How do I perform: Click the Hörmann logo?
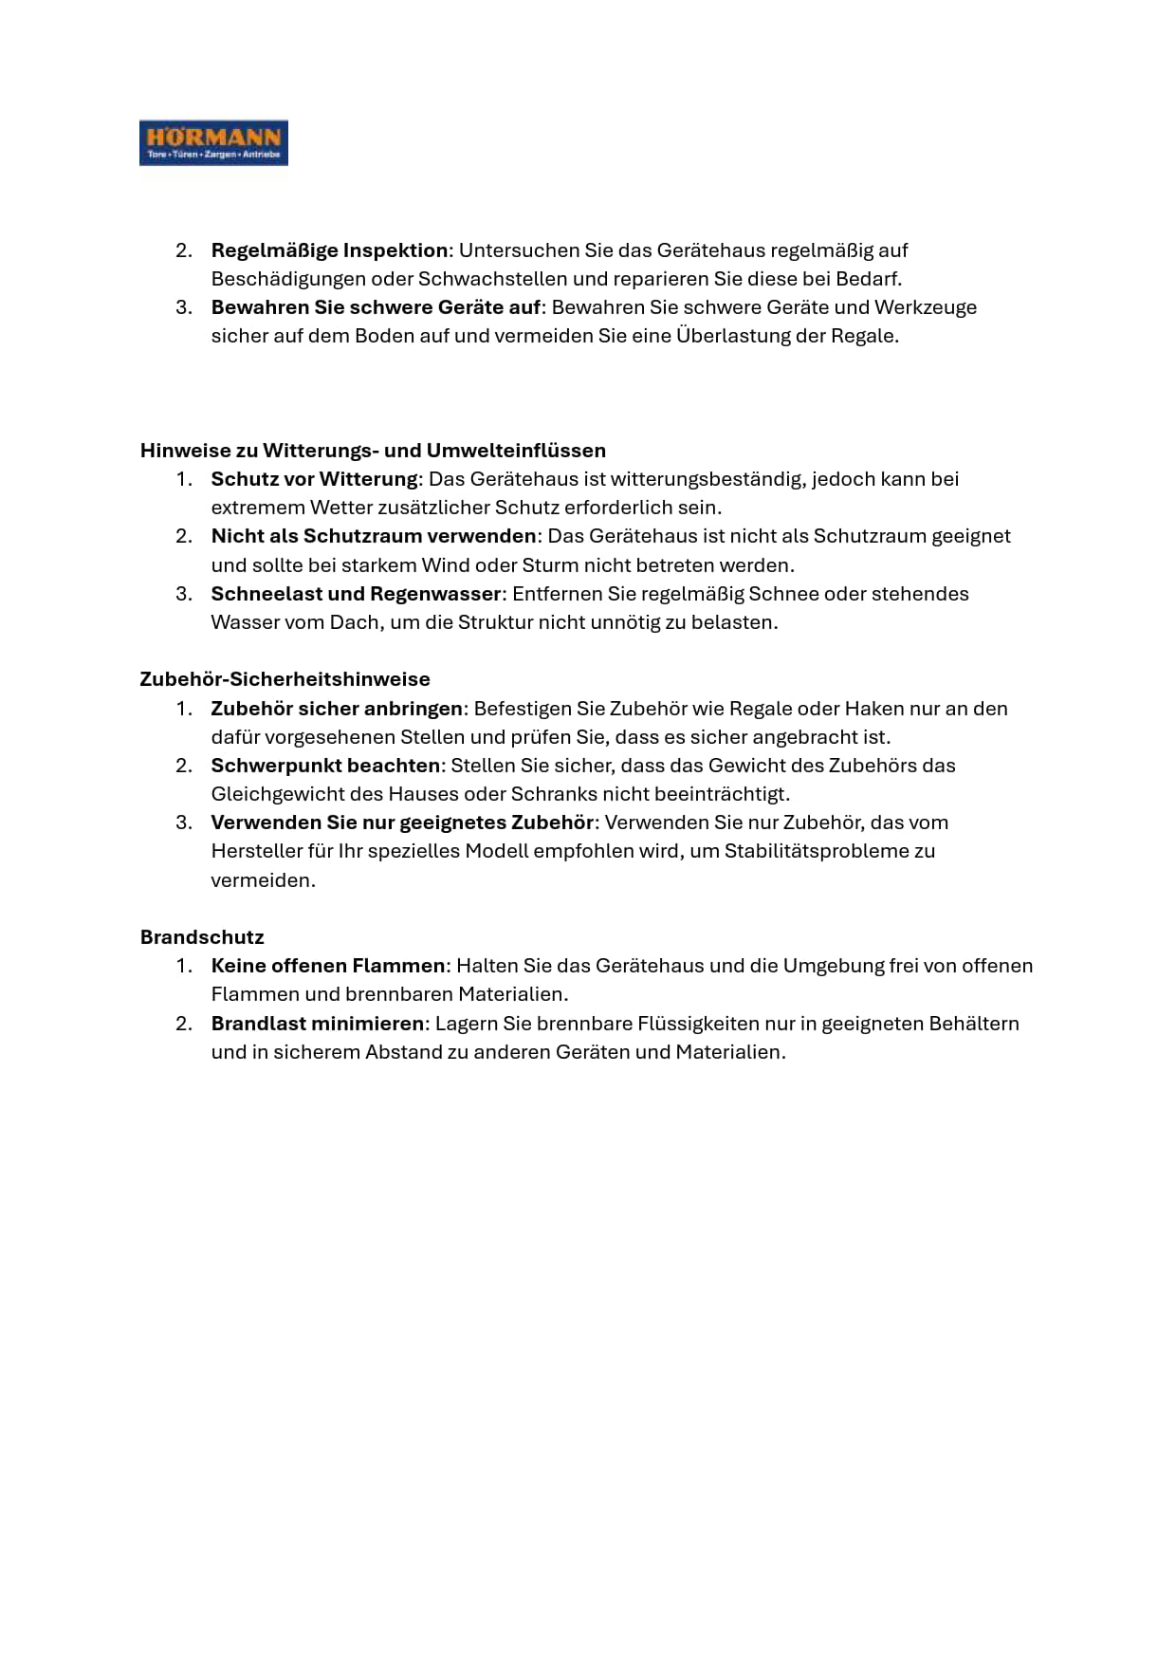(x=213, y=142)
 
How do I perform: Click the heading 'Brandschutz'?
(x=202, y=937)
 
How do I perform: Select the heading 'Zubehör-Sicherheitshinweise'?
(x=285, y=679)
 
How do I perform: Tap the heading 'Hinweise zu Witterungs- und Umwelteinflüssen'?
(x=373, y=451)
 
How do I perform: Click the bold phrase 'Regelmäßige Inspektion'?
(x=329, y=250)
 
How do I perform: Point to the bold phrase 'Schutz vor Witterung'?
(x=314, y=479)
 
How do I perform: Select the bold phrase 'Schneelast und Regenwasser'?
(x=356, y=594)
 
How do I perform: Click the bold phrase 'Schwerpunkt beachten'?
(x=325, y=766)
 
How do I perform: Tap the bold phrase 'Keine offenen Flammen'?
(x=328, y=966)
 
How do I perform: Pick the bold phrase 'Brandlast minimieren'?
(x=318, y=1024)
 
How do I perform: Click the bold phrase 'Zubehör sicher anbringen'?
(x=337, y=709)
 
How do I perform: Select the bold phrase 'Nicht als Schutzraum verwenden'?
(x=374, y=536)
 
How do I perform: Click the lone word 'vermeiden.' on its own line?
(x=263, y=880)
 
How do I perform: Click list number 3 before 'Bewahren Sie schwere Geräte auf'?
(x=184, y=307)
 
